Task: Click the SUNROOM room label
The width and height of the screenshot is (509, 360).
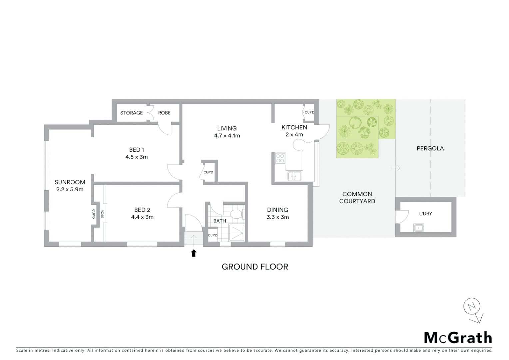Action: tap(70, 182)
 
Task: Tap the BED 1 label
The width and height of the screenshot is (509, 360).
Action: tap(136, 150)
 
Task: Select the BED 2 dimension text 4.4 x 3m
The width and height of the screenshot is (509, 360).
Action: tap(142, 217)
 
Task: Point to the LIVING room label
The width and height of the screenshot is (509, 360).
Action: tap(227, 128)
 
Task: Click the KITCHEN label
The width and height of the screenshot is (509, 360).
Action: tap(294, 127)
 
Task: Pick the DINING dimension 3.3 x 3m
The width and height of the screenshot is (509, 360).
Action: tap(277, 217)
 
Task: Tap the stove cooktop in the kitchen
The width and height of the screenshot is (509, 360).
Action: tap(280, 158)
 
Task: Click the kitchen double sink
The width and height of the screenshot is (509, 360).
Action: tap(294, 176)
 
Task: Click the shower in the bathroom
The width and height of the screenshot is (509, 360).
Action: tap(237, 232)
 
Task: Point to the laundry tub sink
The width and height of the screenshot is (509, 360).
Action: tap(418, 228)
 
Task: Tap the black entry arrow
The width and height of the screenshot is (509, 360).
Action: tap(193, 253)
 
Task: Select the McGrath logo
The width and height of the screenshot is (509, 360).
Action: tap(458, 338)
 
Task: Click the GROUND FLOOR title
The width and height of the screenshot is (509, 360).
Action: tap(255, 267)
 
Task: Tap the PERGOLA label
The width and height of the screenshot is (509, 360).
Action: tap(430, 148)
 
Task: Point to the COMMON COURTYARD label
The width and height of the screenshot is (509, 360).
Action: tap(357, 197)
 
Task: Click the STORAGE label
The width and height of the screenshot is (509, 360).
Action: tap(131, 113)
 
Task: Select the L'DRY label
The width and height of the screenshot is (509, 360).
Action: tap(425, 214)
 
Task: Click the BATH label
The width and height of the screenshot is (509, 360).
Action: tap(220, 221)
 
